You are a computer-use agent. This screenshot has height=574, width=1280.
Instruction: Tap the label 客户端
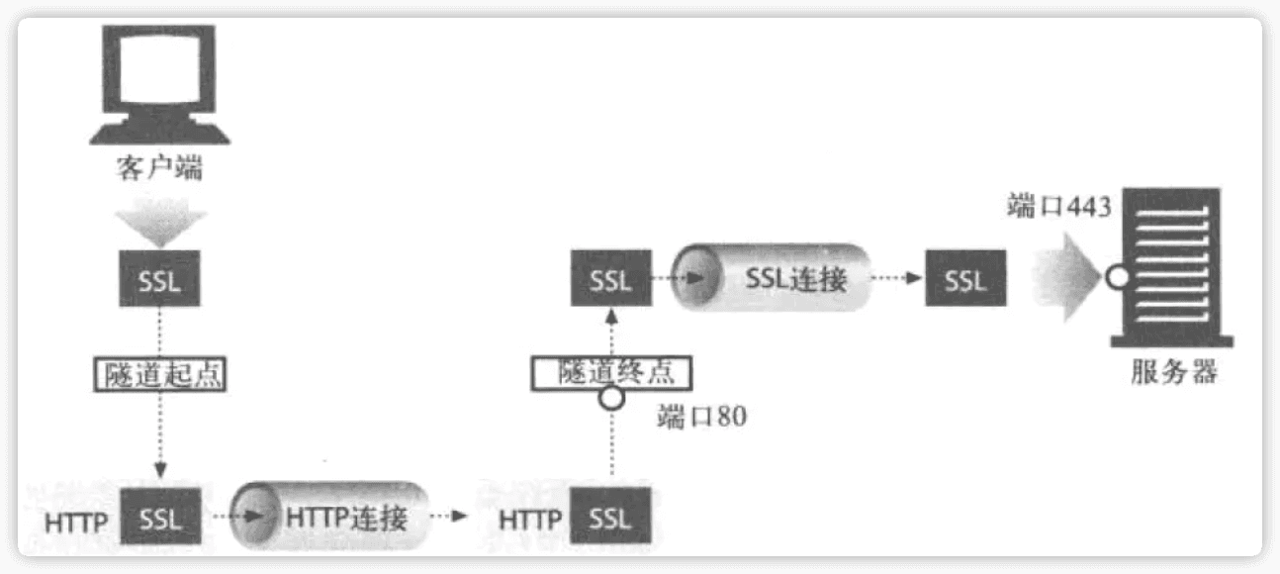pyautogui.click(x=159, y=168)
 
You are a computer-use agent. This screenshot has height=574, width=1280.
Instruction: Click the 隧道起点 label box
pyautogui.click(x=159, y=374)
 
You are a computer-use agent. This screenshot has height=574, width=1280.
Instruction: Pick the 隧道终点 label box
pyautogui.click(x=609, y=371)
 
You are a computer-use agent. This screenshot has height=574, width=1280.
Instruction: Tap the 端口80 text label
pyautogui.click(x=701, y=417)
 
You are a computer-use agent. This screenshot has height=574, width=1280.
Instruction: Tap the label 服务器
pyautogui.click(x=1173, y=373)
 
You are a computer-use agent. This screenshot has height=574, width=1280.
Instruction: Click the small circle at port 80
pyautogui.click(x=612, y=399)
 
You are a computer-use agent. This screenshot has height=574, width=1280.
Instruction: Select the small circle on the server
pyautogui.click(x=1118, y=277)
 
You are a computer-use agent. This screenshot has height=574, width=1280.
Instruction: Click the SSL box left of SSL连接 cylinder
pyautogui.click(x=610, y=279)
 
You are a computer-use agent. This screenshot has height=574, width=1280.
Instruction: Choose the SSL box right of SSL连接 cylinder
pyautogui.click(x=965, y=279)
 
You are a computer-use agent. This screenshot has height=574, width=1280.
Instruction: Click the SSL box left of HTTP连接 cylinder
pyautogui.click(x=159, y=518)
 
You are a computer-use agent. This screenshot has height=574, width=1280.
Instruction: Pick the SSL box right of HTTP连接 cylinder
pyautogui.click(x=610, y=518)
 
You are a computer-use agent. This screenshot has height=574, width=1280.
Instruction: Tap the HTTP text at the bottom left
pyautogui.click(x=76, y=522)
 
